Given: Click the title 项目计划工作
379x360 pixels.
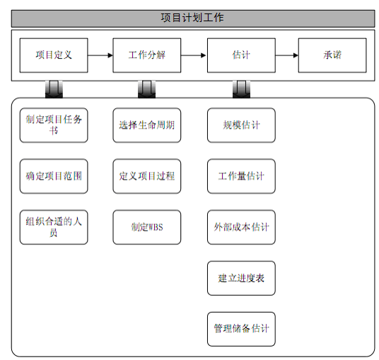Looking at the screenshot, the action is [192, 18].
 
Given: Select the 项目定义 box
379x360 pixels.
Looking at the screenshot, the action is [54, 55].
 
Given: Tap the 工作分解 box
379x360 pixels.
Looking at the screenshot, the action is [146, 55].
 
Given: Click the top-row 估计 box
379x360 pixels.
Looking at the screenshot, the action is [241, 55].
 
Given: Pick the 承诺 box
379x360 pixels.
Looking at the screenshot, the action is [332, 55].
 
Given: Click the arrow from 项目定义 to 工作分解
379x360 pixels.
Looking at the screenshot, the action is [100, 55].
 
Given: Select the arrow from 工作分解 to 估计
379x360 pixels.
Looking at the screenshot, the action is [194, 55].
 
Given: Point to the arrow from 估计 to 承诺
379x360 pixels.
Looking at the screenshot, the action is [287, 55].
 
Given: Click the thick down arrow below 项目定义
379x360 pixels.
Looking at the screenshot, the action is [54, 89].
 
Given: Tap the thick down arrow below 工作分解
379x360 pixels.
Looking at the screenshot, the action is [146, 89].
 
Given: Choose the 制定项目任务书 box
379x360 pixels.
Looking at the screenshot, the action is [54, 125].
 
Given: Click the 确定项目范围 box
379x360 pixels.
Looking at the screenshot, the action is [54, 176].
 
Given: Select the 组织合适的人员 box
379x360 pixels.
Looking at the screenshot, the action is [54, 227].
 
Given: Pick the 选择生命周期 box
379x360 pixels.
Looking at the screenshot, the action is [146, 125].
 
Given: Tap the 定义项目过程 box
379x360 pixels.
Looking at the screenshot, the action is [146, 176].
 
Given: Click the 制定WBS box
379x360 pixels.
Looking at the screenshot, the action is [146, 227].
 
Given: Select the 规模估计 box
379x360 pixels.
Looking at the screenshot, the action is [241, 125].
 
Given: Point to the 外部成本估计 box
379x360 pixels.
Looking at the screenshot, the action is [241, 227].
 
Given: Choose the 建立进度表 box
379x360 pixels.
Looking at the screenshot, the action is [241, 278].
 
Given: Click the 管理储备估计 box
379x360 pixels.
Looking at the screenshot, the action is [241, 330].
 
